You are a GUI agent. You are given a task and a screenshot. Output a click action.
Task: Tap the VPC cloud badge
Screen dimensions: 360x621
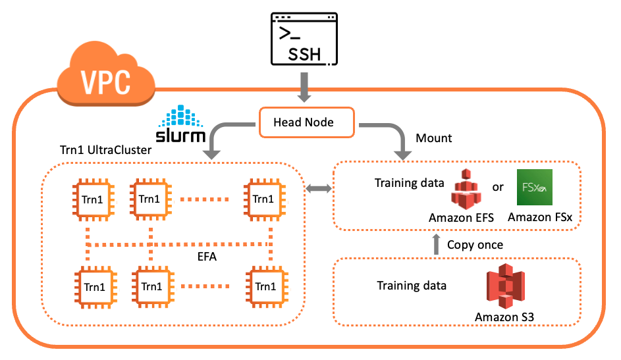tap(105, 80)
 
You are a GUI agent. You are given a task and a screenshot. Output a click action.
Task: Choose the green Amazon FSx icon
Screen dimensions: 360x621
tap(534, 189)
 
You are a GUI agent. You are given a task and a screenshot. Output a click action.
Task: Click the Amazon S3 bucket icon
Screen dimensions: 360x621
tap(504, 286)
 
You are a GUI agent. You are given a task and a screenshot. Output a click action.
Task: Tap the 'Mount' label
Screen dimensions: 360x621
tap(434, 139)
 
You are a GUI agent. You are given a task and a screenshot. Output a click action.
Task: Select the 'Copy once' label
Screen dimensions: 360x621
tap(475, 244)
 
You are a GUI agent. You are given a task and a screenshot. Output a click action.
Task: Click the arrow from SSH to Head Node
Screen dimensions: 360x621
tap(304, 87)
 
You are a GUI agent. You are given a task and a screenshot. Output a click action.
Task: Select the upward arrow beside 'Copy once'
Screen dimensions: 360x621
tap(435, 244)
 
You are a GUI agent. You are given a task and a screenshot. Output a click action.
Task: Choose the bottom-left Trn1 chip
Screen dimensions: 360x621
tap(93, 287)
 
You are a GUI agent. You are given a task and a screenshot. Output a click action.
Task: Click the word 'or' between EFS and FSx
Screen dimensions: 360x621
tap(498, 187)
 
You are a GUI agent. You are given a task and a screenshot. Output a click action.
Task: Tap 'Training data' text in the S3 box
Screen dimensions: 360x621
tap(412, 286)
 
